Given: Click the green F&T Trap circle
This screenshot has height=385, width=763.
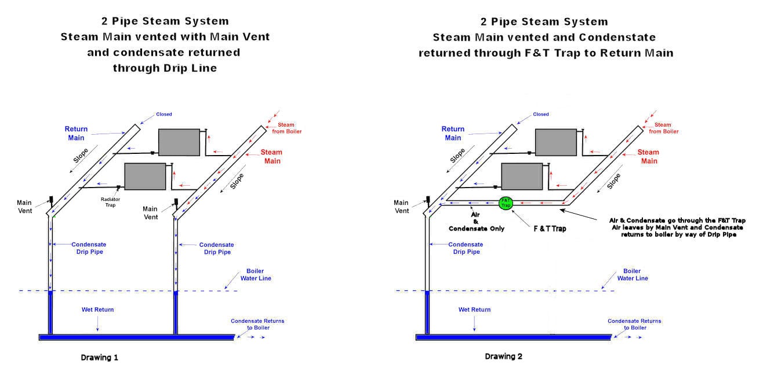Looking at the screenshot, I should (x=506, y=203).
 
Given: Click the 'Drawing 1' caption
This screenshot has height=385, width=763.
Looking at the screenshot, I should (x=99, y=358).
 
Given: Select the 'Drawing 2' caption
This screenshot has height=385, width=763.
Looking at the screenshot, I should (x=503, y=357).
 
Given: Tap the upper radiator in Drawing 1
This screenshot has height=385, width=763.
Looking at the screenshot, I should (x=179, y=142).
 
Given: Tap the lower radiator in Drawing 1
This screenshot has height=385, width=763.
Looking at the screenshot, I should (x=145, y=177).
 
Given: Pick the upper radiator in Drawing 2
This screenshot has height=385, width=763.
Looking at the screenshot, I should (x=555, y=142).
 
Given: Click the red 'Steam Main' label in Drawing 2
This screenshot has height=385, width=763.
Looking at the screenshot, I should (x=648, y=156).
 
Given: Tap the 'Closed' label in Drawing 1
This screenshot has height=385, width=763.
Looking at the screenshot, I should (x=164, y=114).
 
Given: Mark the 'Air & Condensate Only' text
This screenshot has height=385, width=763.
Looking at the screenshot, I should (x=476, y=221).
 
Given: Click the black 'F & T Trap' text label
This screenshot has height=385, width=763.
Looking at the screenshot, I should (x=550, y=229).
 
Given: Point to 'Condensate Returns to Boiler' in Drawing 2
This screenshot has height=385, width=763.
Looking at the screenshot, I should (x=634, y=324).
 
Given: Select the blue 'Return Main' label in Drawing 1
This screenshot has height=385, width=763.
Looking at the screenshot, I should (x=76, y=133).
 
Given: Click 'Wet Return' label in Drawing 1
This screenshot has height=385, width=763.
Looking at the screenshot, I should (x=97, y=310).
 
